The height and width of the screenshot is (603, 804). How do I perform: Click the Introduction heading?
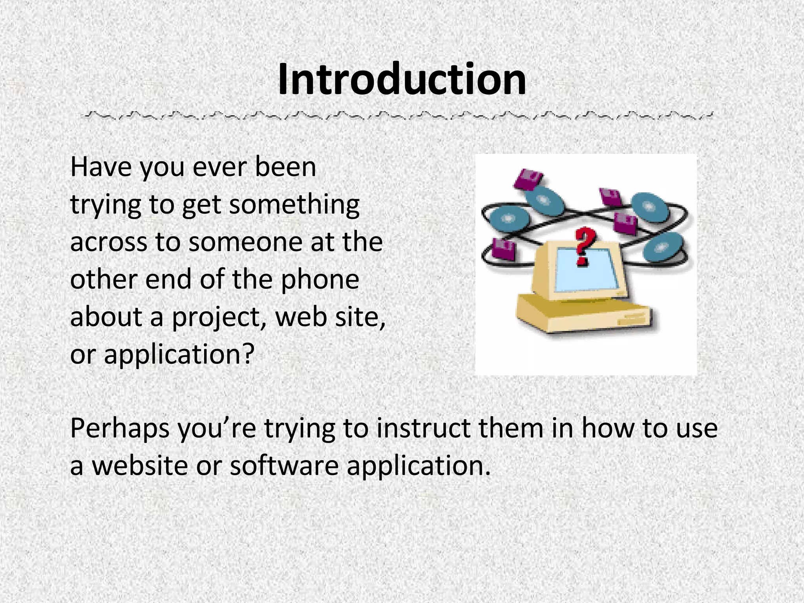(x=402, y=80)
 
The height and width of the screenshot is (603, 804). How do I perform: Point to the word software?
(x=284, y=466)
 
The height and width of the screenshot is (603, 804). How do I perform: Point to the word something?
(x=294, y=205)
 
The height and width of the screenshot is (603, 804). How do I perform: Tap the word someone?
(x=246, y=242)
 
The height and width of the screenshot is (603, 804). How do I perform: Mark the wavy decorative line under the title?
(x=397, y=115)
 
